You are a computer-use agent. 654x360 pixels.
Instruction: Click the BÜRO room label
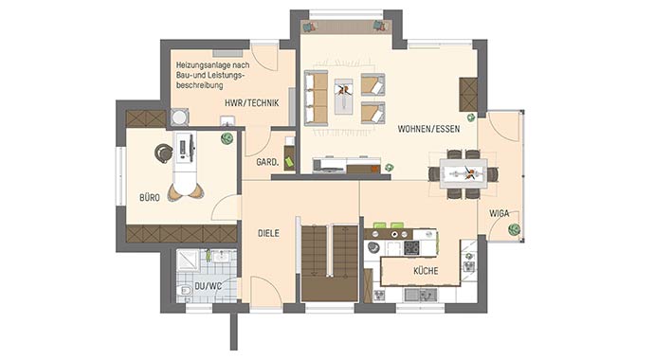(x=149, y=198)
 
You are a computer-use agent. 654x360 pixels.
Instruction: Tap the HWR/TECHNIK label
(x=251, y=103)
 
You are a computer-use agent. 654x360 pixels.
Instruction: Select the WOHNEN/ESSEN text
(x=427, y=128)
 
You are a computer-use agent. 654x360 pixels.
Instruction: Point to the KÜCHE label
(x=425, y=271)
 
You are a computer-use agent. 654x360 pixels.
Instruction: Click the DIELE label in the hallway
(x=268, y=232)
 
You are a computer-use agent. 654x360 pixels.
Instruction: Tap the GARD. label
(x=266, y=162)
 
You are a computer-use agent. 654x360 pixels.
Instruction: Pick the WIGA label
(x=499, y=213)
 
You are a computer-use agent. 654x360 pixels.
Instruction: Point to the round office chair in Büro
(x=164, y=152)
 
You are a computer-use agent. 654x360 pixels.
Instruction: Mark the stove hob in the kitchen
(x=413, y=247)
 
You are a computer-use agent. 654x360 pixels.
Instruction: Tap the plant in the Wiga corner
(x=513, y=228)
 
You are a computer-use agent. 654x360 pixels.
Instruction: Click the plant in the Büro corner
(x=227, y=139)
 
